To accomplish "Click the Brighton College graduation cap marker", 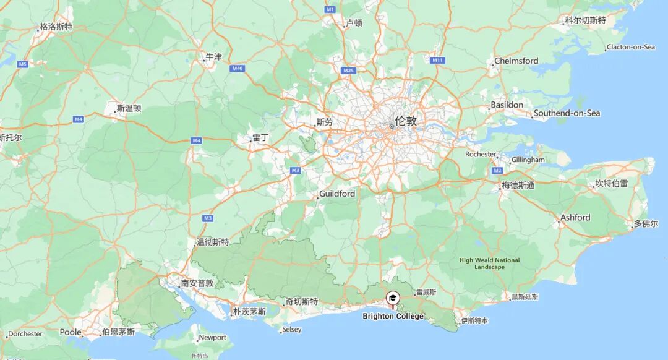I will tap(392, 299).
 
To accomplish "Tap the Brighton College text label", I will tap(393, 316).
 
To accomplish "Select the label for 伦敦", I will tap(406, 121).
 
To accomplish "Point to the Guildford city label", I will tap(337, 194).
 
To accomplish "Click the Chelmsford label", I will tap(516, 61).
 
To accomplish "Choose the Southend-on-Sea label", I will tap(567, 113).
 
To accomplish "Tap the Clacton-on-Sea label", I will tap(630, 47).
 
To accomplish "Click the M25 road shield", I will tap(349, 71).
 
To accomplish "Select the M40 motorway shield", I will tap(237, 68).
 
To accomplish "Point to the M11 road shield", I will tap(438, 60).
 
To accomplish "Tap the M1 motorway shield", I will tap(330, 10).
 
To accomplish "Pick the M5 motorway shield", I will tap(23, 64).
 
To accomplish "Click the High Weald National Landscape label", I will tap(489, 264).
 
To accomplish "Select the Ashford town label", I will tap(575, 218).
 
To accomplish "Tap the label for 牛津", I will tap(213, 57).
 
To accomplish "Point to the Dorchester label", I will tap(25, 334).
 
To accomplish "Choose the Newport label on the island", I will tap(212, 338).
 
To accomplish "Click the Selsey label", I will tap(291, 330).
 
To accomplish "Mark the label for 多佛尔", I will tap(646, 224).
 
